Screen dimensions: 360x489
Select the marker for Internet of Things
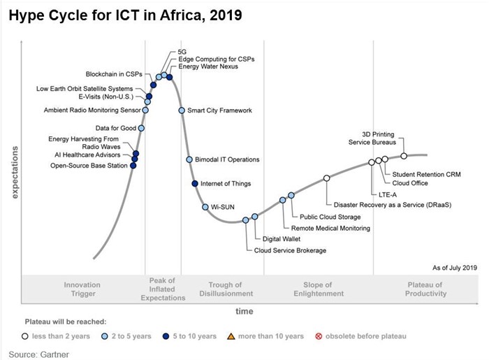pyautogui.click(x=195, y=183)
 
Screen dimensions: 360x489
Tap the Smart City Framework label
pyautogui.click(x=219, y=110)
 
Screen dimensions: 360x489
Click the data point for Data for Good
pyautogui.click(x=141, y=128)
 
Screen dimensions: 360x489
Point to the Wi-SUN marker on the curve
pyautogui.click(x=205, y=207)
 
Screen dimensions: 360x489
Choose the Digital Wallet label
pyautogui.click(x=272, y=239)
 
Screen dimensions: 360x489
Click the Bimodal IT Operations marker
pyautogui.click(x=189, y=159)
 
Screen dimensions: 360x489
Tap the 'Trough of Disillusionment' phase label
pyautogui.click(x=225, y=289)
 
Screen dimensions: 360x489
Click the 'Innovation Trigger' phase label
pyautogui.click(x=82, y=289)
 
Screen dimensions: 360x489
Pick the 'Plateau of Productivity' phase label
pyautogui.click(x=425, y=289)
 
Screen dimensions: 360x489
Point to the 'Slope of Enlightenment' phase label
pyautogui.click(x=323, y=289)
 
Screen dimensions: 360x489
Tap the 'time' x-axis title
pyautogui.click(x=244, y=310)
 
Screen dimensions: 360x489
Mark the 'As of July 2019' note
pyautogui.click(x=455, y=267)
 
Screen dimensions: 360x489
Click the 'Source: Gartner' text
pyautogui.click(x=38, y=354)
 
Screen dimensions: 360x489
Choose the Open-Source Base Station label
pyautogui.click(x=89, y=166)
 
